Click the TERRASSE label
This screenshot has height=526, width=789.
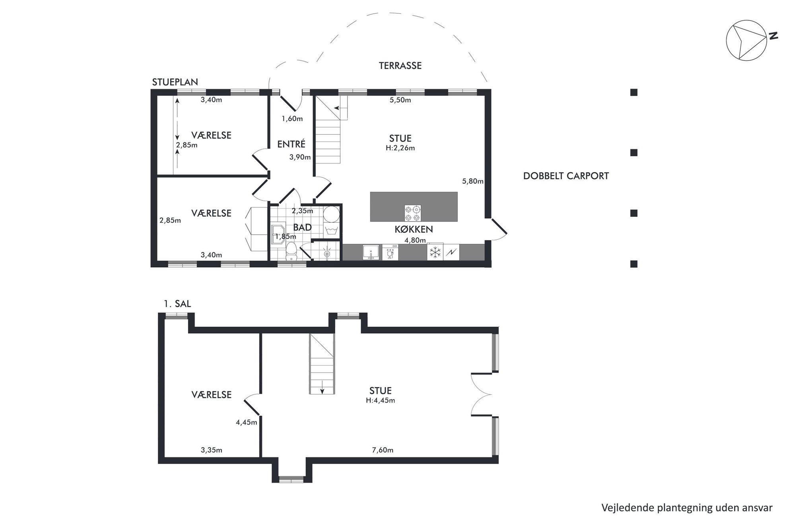point(400,66)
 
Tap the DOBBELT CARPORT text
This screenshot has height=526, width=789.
point(566,176)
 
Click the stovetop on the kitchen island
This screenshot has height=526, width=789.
point(413,213)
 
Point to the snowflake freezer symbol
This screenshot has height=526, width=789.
point(435,252)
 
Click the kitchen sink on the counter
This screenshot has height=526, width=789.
point(371,252)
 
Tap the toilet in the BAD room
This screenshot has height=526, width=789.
point(292,251)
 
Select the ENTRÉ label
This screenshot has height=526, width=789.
point(291,144)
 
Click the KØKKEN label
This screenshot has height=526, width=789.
point(414,229)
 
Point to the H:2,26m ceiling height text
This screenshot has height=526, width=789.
point(400,148)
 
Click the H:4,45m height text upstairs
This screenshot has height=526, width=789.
point(380,401)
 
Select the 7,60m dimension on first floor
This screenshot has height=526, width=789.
point(383,450)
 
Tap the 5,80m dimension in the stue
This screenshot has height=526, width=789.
point(472,181)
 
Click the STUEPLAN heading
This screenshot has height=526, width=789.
point(175,82)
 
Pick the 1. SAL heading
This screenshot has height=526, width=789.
point(177,304)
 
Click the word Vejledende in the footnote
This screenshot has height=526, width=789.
point(623,508)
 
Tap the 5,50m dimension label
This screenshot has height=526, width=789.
point(400,100)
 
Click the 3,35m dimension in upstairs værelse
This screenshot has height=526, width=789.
point(211,450)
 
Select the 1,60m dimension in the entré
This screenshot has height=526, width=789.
point(292,118)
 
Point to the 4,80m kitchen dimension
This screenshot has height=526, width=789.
point(415,240)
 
